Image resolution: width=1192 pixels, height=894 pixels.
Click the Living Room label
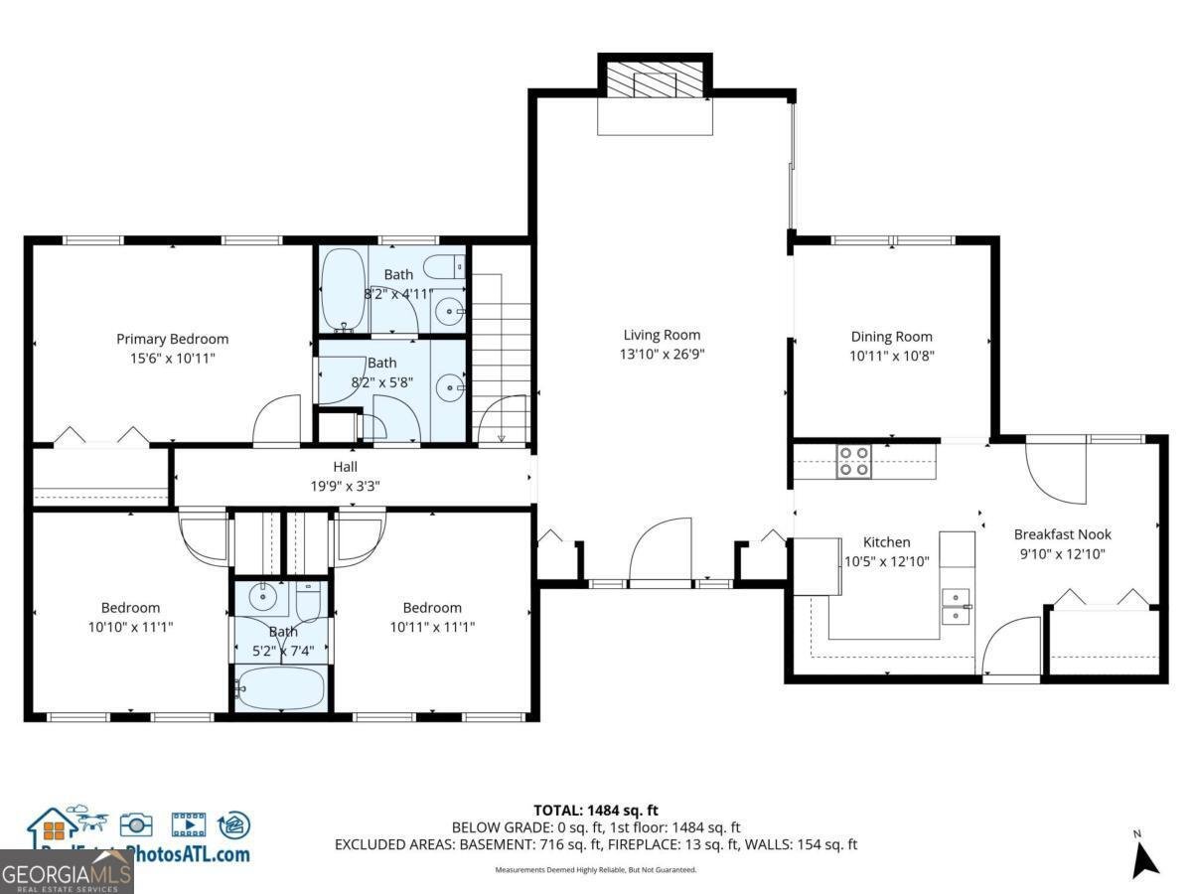662,335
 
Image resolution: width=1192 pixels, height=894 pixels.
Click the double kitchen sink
956,606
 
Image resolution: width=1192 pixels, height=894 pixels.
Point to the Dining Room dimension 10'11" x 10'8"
891,355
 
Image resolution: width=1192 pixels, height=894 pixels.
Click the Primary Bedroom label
172,339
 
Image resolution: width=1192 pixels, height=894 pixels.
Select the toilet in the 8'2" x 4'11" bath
443,266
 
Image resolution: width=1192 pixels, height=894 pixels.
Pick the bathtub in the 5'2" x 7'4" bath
281,686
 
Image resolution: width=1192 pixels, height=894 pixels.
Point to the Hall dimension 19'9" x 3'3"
345,486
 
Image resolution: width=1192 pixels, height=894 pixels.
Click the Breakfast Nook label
1062,534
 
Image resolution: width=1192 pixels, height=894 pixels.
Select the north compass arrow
1145,856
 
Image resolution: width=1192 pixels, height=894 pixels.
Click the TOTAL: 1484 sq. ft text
596,810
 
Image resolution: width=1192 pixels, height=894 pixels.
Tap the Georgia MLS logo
67,873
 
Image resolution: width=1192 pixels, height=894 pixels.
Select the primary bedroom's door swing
277,421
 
